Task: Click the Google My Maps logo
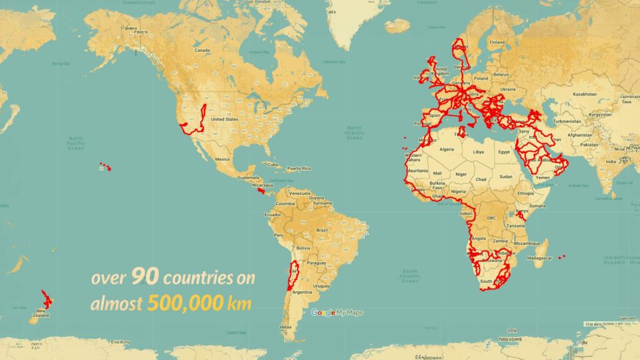point(337,312)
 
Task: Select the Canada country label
point(202,50)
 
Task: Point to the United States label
point(225,119)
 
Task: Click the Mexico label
point(222,159)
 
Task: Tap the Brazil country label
point(323,230)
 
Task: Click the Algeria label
point(447,149)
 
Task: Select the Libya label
point(479,152)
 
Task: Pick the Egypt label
point(504,152)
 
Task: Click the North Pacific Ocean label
point(76,143)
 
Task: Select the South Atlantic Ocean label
point(410,275)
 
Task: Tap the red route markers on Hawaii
point(105,167)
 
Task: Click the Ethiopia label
point(524,194)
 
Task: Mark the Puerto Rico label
point(299,169)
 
